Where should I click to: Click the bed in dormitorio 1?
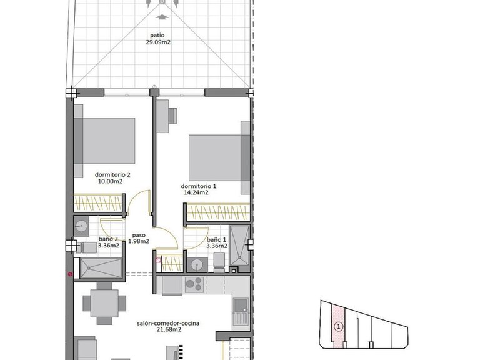coord(216,156)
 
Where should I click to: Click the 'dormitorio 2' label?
coord(112,174)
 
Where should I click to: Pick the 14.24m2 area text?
coord(196,193)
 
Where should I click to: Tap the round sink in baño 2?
coord(82,224)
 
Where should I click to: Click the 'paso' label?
coord(138,235)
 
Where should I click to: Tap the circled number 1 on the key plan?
coord(338,326)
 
